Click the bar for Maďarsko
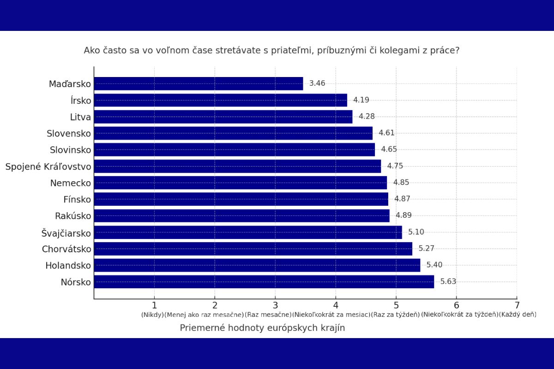coord(199,83)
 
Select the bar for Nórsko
coord(264,281)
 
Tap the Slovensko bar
coord(233,133)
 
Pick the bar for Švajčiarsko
coord(248,232)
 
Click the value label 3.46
coord(317,83)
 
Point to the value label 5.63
coord(448,281)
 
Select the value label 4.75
coord(395,166)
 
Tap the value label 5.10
coord(416,232)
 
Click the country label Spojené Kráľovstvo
coord(48,167)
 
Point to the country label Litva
coord(81,117)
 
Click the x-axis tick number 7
coord(517,305)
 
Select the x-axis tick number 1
coord(154,305)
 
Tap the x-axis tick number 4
coord(336,305)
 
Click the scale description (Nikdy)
coord(152,315)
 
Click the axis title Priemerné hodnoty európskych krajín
coord(262,328)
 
